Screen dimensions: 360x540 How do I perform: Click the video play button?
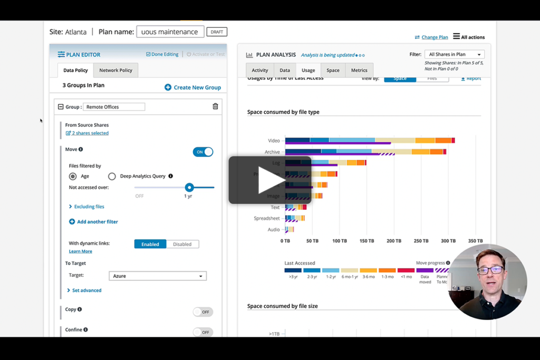(x=270, y=180)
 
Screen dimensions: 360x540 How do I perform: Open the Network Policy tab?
(x=115, y=70)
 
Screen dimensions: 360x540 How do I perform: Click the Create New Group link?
(x=192, y=87)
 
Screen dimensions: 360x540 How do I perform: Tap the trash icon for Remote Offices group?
(x=215, y=106)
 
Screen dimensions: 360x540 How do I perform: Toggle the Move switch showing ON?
(x=203, y=152)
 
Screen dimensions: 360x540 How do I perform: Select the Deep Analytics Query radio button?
(x=112, y=177)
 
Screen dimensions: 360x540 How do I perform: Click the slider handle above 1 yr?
(x=189, y=187)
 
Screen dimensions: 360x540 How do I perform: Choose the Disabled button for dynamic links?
(x=182, y=244)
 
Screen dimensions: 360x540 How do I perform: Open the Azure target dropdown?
(x=157, y=276)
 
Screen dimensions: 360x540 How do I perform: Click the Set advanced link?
(x=86, y=290)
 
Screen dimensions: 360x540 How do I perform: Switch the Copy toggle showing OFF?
(x=203, y=312)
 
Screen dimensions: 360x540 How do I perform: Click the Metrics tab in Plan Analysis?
(x=359, y=70)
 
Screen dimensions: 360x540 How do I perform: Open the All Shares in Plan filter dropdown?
(x=454, y=54)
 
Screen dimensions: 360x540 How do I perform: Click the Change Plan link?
(x=431, y=37)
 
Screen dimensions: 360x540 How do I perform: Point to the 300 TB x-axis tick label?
(x=448, y=241)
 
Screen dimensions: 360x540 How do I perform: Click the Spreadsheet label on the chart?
(x=267, y=218)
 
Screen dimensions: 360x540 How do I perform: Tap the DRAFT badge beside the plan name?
(x=217, y=32)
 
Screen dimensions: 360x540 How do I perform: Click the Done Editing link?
(x=162, y=54)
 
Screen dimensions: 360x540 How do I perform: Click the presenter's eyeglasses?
(x=490, y=270)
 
